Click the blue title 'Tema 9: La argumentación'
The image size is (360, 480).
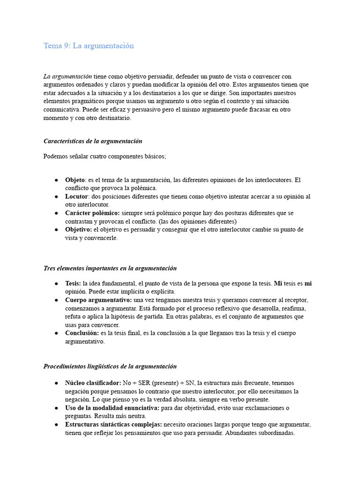coord(89,46)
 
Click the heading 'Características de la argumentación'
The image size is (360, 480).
coord(93,141)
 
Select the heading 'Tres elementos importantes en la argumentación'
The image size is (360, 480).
coord(110,268)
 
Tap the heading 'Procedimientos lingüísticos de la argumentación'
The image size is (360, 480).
coord(110,366)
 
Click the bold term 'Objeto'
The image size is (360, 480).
coord(75,180)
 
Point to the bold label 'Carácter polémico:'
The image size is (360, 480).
coord(92,213)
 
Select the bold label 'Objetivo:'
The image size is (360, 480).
coord(79,230)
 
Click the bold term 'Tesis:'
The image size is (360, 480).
coord(73,283)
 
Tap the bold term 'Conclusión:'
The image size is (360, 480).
coord(82,333)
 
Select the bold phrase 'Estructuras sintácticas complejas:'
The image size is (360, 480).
coord(113,425)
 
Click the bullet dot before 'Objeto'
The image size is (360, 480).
coord(56,180)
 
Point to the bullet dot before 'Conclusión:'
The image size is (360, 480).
coord(56,333)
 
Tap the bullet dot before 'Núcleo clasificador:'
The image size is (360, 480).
coord(56,383)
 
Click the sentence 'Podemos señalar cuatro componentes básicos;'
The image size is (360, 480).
coord(105,157)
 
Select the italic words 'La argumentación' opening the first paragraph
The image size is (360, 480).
coord(67,76)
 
